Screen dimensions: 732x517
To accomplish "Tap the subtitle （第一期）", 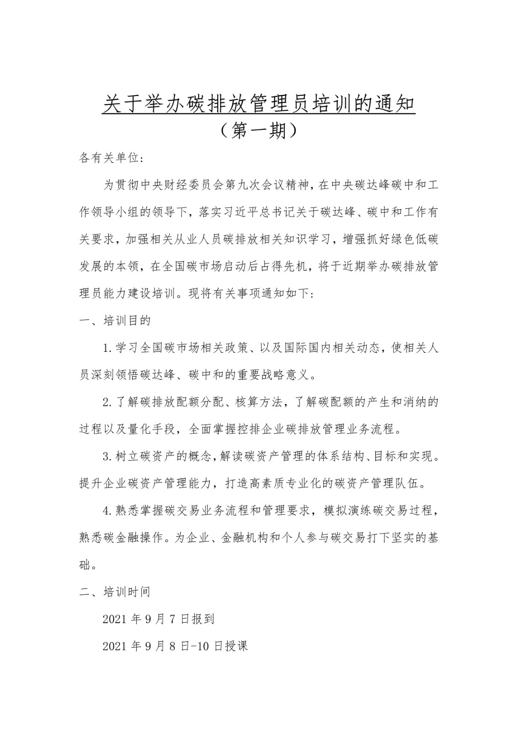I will click(258, 131).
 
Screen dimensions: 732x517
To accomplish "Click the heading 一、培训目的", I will click(115, 321).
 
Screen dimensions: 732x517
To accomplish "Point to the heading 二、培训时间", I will click(115, 592).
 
